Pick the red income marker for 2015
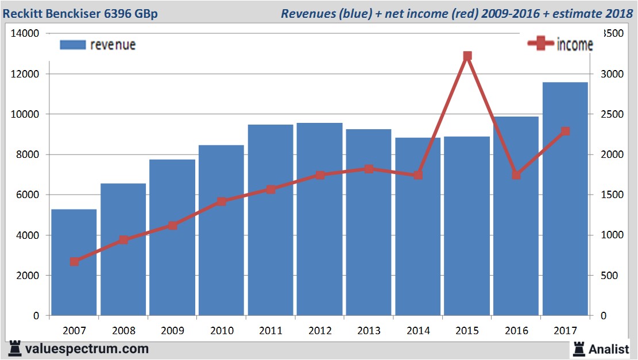(x=467, y=56)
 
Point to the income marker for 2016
(x=516, y=175)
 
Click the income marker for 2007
(x=74, y=261)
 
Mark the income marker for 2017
(x=566, y=131)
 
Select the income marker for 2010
(x=222, y=202)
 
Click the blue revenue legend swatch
(x=72, y=45)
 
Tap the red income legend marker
(x=541, y=44)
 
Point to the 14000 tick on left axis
(x=25, y=33)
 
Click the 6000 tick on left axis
(x=28, y=195)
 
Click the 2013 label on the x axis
(x=369, y=331)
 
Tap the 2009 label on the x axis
(x=172, y=331)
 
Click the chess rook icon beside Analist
(x=579, y=348)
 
